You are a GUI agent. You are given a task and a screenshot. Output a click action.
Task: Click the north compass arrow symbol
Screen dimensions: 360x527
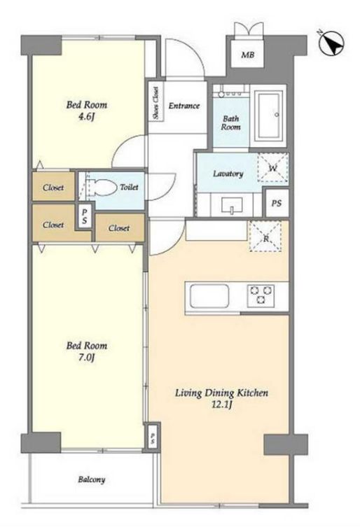click(331, 43)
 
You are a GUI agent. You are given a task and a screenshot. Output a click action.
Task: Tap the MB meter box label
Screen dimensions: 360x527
click(248, 55)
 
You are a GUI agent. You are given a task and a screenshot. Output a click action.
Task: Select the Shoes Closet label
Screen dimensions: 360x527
click(155, 103)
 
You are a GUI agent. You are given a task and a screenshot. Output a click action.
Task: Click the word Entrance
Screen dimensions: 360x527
click(184, 106)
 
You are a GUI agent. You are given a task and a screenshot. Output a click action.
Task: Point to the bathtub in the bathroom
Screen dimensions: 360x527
click(268, 116)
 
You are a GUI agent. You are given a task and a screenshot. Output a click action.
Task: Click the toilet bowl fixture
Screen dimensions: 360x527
click(101, 187)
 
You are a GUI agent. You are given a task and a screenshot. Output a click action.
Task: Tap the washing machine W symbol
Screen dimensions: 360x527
click(273, 168)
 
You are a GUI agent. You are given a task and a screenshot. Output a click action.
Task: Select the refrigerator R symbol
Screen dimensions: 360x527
click(265, 237)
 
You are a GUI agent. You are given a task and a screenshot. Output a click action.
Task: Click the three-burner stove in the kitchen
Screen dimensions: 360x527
click(261, 295)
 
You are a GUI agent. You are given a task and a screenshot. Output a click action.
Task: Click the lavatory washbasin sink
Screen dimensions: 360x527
click(232, 204)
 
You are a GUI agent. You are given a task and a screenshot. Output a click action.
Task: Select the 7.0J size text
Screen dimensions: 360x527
click(86, 358)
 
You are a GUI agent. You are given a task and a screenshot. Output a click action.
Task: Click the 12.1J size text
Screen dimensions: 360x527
click(222, 405)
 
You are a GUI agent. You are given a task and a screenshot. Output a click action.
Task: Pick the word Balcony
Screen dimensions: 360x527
click(92, 479)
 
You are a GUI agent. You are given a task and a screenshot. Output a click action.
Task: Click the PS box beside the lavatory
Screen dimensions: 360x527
click(277, 204)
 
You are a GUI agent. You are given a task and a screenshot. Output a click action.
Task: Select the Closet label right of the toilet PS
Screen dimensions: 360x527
click(119, 228)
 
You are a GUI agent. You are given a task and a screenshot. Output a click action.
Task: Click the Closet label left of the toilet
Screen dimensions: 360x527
click(53, 188)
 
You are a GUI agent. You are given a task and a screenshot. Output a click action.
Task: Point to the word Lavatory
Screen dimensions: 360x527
click(228, 174)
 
